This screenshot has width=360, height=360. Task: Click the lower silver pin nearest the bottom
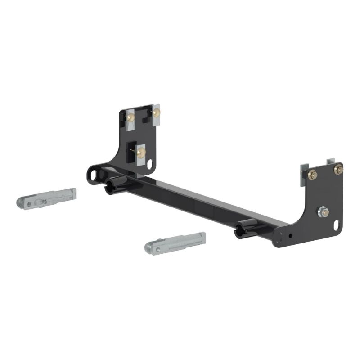(175, 242)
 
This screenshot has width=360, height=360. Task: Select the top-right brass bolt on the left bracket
(156, 113)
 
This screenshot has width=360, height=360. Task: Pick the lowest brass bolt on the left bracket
(140, 153)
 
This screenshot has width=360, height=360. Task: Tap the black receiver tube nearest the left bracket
(114, 184)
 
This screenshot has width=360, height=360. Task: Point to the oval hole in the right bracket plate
(336, 224)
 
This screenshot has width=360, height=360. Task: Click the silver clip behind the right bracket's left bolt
(303, 178)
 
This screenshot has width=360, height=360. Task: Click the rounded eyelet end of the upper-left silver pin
(23, 202)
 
